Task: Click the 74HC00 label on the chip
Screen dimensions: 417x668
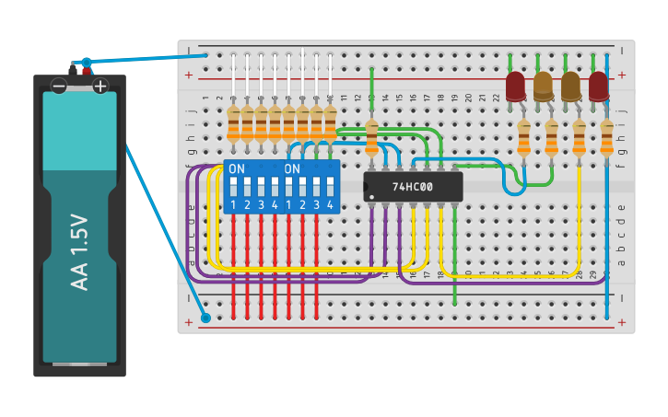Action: point(413,187)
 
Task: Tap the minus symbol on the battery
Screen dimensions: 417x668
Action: point(59,87)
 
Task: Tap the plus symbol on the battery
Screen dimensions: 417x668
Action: point(100,87)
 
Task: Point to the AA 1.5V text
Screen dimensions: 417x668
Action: point(79,252)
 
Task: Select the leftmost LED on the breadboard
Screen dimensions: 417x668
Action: point(515,87)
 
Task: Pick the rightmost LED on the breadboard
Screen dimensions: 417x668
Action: point(599,87)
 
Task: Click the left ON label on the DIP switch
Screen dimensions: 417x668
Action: point(237,169)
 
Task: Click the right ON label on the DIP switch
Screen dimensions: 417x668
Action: point(292,169)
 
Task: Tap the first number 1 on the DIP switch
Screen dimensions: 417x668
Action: point(233,204)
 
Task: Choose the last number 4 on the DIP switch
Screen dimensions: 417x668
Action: point(330,204)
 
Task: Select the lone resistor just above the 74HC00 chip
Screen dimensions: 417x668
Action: point(371,137)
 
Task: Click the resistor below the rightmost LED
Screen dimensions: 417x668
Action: point(606,138)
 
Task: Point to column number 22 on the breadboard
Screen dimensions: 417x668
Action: point(496,98)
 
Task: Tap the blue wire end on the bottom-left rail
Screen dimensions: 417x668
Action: point(205,318)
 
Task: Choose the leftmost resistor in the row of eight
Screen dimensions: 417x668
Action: point(233,124)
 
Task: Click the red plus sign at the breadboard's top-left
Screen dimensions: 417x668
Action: point(189,75)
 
